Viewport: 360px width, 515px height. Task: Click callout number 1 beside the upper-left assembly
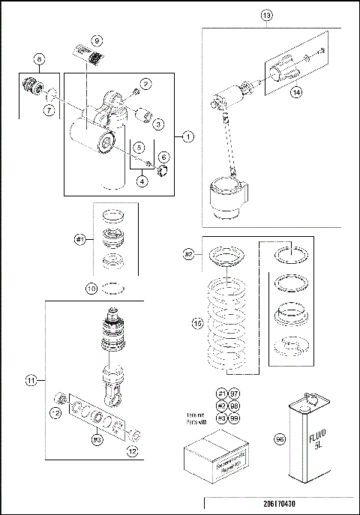[x=187, y=136]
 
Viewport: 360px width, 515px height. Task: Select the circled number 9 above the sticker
[x=97, y=38]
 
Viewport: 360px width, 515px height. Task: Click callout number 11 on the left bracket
[x=31, y=382]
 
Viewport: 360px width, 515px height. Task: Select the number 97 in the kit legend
[x=234, y=394]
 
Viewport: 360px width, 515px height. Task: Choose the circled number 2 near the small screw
[x=145, y=84]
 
